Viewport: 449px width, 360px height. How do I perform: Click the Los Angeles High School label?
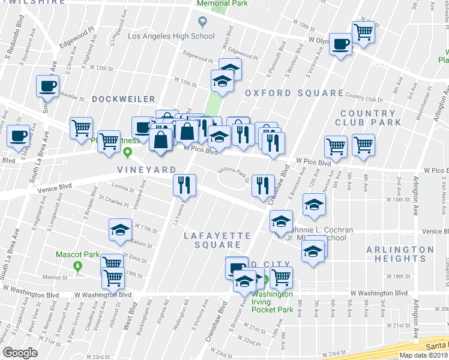point(171,36)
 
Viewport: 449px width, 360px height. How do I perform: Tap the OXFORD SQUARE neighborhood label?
point(294,94)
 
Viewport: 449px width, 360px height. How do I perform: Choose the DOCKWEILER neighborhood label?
point(124,99)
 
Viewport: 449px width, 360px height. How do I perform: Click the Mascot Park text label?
point(77,254)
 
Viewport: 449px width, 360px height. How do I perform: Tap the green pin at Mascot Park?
point(77,265)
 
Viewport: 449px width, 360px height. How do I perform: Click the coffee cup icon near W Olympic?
point(341,44)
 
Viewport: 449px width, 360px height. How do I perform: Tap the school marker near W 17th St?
point(120,230)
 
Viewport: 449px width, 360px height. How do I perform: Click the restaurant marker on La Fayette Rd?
point(185,185)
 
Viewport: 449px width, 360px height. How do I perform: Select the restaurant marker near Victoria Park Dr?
point(262,185)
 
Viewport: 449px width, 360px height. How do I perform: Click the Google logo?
point(20,353)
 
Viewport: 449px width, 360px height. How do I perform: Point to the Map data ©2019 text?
point(423,355)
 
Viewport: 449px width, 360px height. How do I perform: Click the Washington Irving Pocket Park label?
point(272,302)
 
